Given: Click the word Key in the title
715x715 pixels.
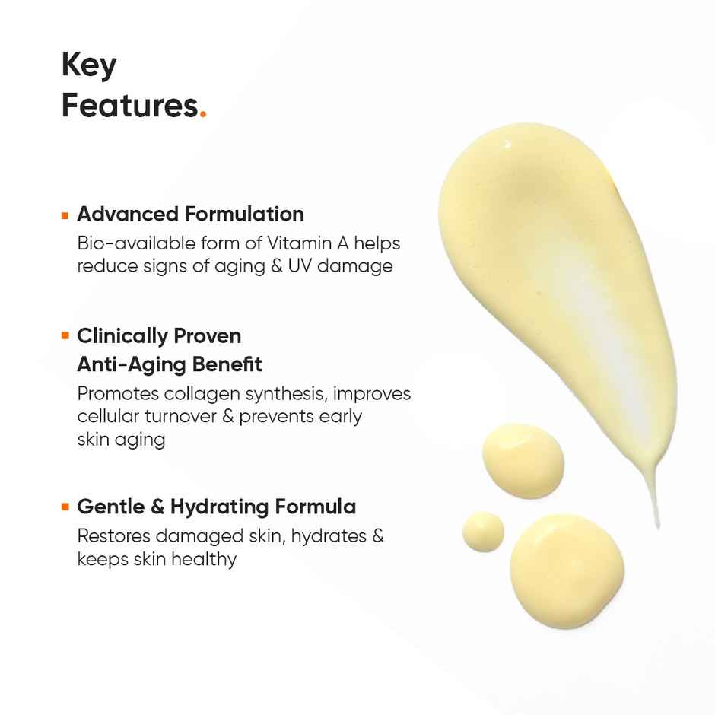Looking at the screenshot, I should click(x=89, y=65).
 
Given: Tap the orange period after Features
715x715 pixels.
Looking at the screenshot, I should click(x=202, y=115).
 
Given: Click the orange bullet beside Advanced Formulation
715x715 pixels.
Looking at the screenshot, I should click(x=65, y=215).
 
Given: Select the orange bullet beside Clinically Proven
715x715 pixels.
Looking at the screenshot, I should click(x=65, y=336).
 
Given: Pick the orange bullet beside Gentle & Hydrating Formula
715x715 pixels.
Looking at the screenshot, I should click(x=65, y=507).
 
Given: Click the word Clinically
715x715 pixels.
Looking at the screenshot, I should click(x=121, y=335).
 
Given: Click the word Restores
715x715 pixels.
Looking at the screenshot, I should click(x=111, y=535).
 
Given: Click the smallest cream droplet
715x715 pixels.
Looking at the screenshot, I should click(x=483, y=531).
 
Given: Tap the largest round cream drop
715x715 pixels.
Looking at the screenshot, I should click(x=567, y=570).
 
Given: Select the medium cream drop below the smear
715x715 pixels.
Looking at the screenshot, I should click(x=523, y=460).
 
